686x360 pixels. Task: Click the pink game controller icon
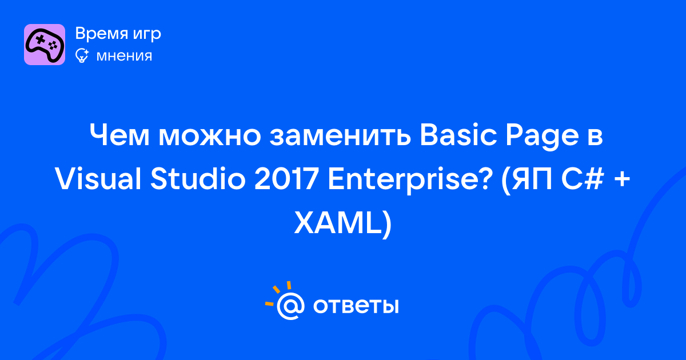[x=45, y=45]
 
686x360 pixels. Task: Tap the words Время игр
[x=118, y=34]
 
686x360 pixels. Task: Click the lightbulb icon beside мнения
[x=82, y=55]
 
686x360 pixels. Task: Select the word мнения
[x=124, y=56]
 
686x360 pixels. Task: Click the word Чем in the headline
[x=119, y=135]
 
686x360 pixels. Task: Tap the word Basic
[x=458, y=135]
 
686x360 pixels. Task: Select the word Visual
[x=98, y=179]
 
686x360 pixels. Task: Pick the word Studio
[x=198, y=179]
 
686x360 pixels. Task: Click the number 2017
[x=286, y=179]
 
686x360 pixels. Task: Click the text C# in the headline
[x=583, y=179]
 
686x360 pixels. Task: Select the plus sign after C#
[x=622, y=181]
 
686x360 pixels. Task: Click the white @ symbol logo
[x=290, y=306]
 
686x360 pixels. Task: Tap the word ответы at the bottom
[x=356, y=306]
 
